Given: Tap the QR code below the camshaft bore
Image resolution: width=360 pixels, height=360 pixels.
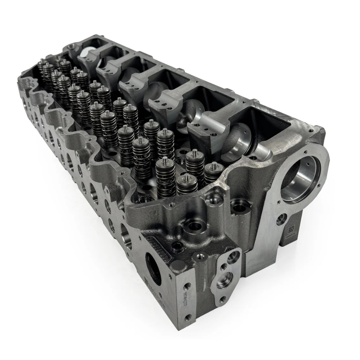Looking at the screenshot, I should click(x=291, y=230).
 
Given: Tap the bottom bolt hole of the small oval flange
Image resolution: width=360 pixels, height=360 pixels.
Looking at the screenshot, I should click(x=222, y=299).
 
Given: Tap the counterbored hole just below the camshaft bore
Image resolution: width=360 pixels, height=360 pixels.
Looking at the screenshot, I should click(x=281, y=220).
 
